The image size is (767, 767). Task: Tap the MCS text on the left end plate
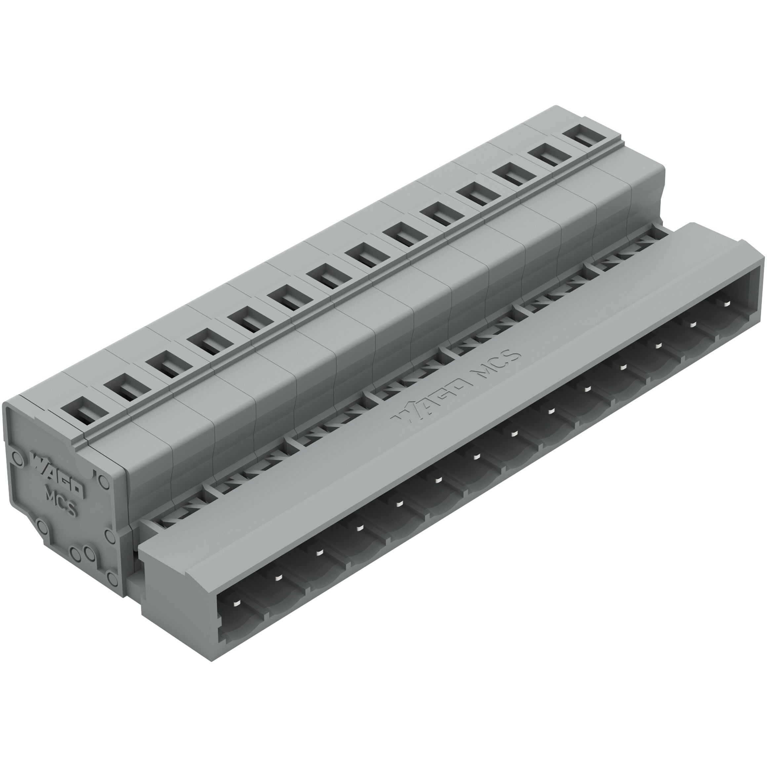[x=61, y=503]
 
